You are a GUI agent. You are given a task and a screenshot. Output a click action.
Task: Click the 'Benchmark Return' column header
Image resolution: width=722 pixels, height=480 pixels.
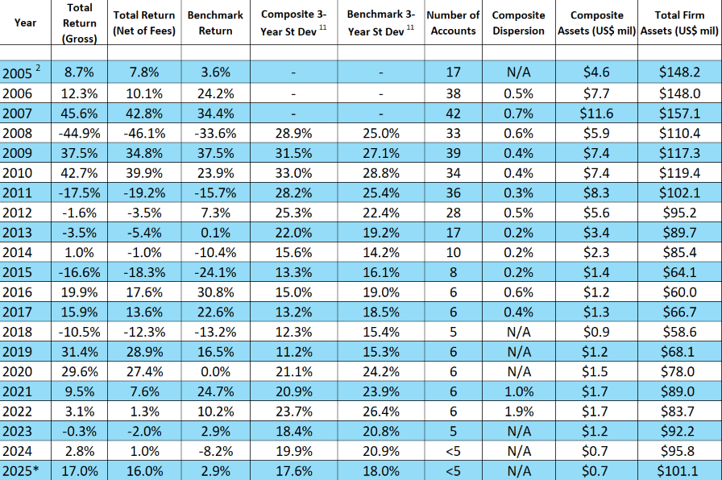click(x=215, y=23)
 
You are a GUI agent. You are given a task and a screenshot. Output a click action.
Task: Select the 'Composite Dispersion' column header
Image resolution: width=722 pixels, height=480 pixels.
click(x=518, y=23)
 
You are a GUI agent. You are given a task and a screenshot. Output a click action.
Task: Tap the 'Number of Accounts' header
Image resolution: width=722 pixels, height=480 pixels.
click(x=453, y=23)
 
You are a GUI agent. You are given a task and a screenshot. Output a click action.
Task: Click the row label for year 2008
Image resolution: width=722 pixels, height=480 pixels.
click(x=18, y=132)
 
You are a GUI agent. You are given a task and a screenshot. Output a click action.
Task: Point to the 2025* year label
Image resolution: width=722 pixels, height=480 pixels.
click(x=20, y=470)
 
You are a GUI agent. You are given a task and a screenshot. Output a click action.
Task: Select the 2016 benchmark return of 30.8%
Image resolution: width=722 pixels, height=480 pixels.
click(x=215, y=292)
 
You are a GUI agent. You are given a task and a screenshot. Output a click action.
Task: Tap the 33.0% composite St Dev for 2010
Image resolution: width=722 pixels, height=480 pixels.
click(x=293, y=172)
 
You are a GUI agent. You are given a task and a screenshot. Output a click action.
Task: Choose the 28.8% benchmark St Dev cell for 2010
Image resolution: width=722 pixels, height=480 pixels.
click(x=381, y=172)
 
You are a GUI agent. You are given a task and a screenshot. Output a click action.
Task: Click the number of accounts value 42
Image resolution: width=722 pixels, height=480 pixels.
click(x=453, y=113)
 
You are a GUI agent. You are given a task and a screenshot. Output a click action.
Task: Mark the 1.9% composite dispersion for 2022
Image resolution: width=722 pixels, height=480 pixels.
click(x=518, y=411)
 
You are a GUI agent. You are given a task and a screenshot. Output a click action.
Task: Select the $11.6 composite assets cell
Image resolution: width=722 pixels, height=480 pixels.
click(x=598, y=113)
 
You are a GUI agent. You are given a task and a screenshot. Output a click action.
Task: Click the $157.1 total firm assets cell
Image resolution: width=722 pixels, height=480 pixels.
click(x=679, y=113)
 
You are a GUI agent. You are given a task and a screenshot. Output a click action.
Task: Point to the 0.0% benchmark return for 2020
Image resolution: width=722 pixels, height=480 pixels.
click(x=215, y=370)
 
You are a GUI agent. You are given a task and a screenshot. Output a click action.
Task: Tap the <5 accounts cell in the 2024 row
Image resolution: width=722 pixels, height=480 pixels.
click(x=453, y=451)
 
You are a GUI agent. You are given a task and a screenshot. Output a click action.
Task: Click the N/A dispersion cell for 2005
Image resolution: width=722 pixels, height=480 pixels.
click(x=518, y=72)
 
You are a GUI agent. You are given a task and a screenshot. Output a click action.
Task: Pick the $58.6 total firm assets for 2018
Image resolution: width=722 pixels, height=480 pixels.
click(x=679, y=331)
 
